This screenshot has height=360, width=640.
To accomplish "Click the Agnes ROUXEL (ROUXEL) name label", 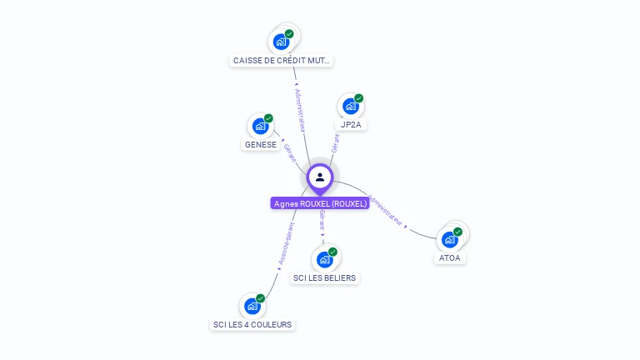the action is click(320, 203).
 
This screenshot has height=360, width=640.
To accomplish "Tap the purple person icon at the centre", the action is click(320, 177).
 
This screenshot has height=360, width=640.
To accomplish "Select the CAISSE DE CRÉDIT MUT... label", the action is click(282, 61).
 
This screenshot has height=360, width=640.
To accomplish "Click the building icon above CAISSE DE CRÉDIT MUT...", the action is click(281, 42).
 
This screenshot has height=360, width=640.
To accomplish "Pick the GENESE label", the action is click(260, 144).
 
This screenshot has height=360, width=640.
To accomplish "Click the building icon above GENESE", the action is click(260, 126).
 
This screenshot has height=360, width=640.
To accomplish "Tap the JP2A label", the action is click(351, 125).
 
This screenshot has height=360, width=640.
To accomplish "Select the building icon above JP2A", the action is click(351, 106).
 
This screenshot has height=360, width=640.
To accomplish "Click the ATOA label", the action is click(449, 258).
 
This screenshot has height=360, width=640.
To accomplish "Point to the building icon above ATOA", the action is click(450, 239).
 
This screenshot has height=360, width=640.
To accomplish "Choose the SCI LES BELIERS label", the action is click(325, 277).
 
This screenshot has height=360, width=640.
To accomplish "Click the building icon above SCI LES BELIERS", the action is click(325, 258).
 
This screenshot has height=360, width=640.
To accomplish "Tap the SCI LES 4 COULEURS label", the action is click(252, 324).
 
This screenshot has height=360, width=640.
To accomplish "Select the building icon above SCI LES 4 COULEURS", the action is click(252, 306).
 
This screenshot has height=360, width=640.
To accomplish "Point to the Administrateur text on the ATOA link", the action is click(385, 211).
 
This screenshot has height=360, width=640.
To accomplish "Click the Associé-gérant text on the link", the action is click(285, 242).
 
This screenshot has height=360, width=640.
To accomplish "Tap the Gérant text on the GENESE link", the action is click(290, 152).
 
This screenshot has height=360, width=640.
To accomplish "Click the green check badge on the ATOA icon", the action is click(457, 232).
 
